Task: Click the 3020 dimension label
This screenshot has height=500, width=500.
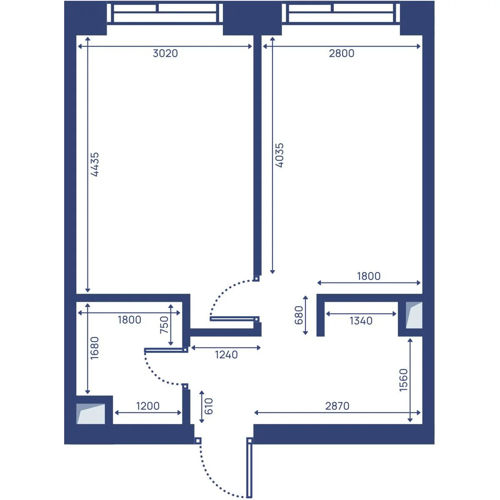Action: [x=165, y=53]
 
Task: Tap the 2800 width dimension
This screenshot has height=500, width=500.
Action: [x=342, y=53]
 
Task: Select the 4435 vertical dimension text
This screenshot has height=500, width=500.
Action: [x=95, y=164]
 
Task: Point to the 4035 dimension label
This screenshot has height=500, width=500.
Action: [x=280, y=155]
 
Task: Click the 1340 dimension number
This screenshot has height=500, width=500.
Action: [x=361, y=321]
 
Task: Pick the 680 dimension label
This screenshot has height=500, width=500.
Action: [x=299, y=315]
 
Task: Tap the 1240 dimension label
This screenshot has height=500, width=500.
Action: [x=226, y=355]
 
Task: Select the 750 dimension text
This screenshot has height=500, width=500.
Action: [x=164, y=325]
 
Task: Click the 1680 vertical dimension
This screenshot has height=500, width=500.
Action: [x=95, y=348]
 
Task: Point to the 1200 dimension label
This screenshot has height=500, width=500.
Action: [x=148, y=406]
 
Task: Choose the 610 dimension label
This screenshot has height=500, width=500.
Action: [x=209, y=406]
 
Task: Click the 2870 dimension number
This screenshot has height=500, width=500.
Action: [x=337, y=406]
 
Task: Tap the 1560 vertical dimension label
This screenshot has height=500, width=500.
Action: [x=403, y=380]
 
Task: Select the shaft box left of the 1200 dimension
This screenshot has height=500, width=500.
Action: [x=91, y=414]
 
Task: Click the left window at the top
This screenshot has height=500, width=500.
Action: [x=165, y=13]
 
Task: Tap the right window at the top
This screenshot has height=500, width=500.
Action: [x=341, y=13]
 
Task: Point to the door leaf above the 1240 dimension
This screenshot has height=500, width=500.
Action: [x=234, y=319]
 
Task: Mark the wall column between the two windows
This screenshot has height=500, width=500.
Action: [x=252, y=18]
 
